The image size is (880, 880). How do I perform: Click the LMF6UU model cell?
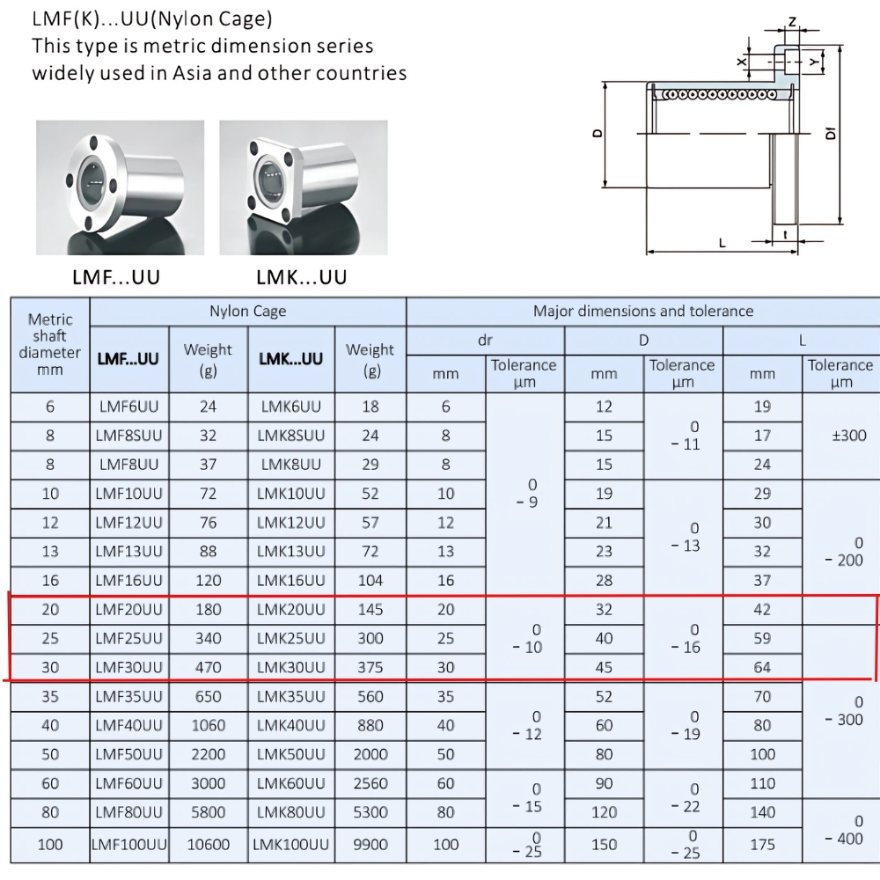tap(129, 407)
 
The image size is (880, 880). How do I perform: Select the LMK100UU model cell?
tap(291, 845)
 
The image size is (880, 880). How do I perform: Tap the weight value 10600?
tap(209, 845)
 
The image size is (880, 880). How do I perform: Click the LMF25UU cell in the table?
tap(129, 638)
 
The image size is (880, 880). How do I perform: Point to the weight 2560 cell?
tap(370, 783)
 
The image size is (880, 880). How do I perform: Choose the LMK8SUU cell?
tap(291, 436)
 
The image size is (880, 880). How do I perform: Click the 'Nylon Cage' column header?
tap(247, 311)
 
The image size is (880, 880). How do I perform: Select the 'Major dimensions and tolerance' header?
tap(643, 311)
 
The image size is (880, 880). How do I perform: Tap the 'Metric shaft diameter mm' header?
tap(50, 344)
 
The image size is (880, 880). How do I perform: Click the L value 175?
tap(762, 845)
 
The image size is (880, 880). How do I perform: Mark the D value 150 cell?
tap(604, 845)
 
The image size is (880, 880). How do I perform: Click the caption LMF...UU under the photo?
tap(116, 278)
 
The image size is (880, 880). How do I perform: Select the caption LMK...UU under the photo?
tap(302, 278)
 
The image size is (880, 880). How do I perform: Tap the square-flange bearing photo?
tap(302, 186)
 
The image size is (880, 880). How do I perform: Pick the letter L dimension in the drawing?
tap(722, 243)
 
